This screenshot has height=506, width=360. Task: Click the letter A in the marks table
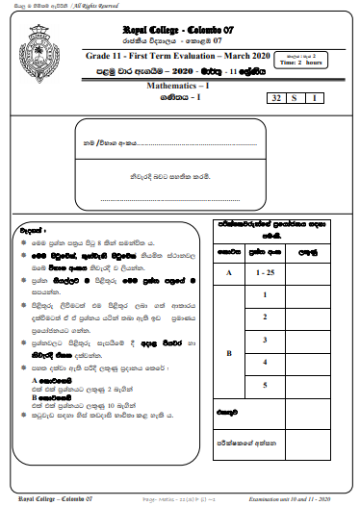click(x=228, y=271)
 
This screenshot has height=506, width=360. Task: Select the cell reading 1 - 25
click(x=264, y=271)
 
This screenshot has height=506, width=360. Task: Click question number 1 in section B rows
click(x=264, y=292)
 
